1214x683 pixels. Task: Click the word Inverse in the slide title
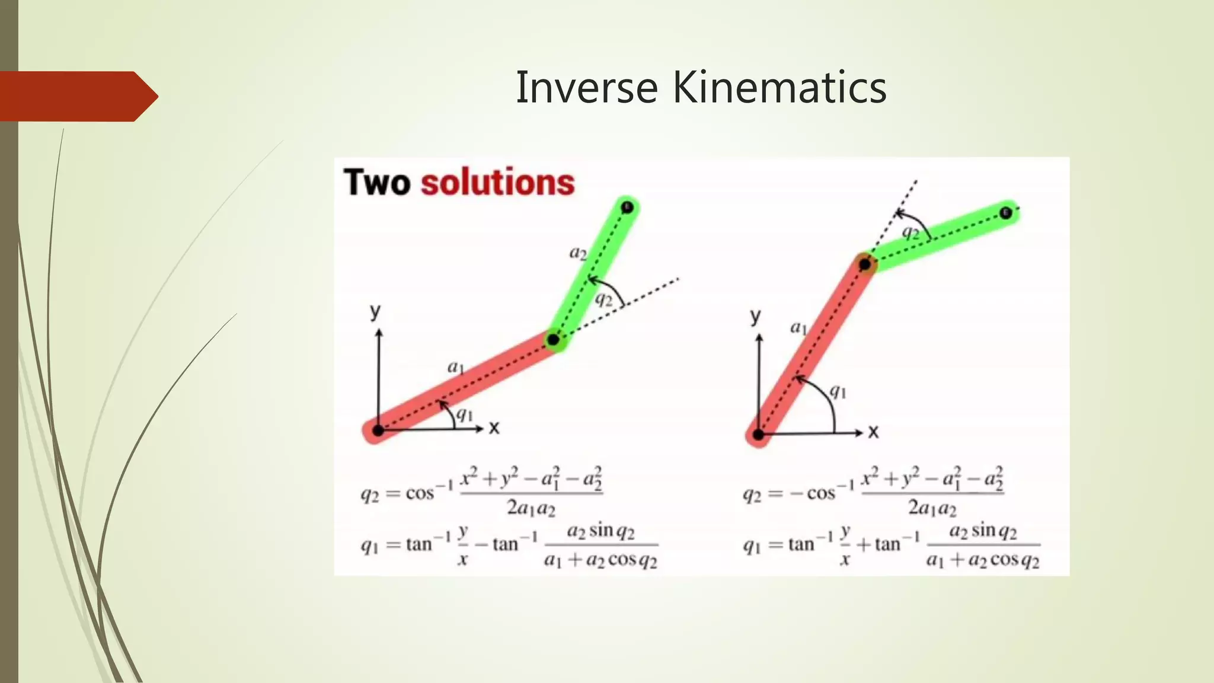586,88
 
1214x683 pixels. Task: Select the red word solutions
497,182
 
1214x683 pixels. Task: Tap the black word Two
376,182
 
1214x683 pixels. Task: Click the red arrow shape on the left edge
77,96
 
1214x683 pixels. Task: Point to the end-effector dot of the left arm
628,207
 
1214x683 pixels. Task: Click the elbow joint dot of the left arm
553,340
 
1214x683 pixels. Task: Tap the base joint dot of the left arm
378,430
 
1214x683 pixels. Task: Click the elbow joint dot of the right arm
865,264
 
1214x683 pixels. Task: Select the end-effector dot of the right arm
1005,213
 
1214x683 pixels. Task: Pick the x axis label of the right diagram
873,432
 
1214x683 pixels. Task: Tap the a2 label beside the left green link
577,253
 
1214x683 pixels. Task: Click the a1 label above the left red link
455,368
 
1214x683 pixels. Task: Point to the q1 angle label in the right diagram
838,391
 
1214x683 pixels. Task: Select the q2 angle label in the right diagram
910,232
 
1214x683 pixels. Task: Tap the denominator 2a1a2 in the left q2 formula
531,508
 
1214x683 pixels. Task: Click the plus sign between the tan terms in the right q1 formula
864,544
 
